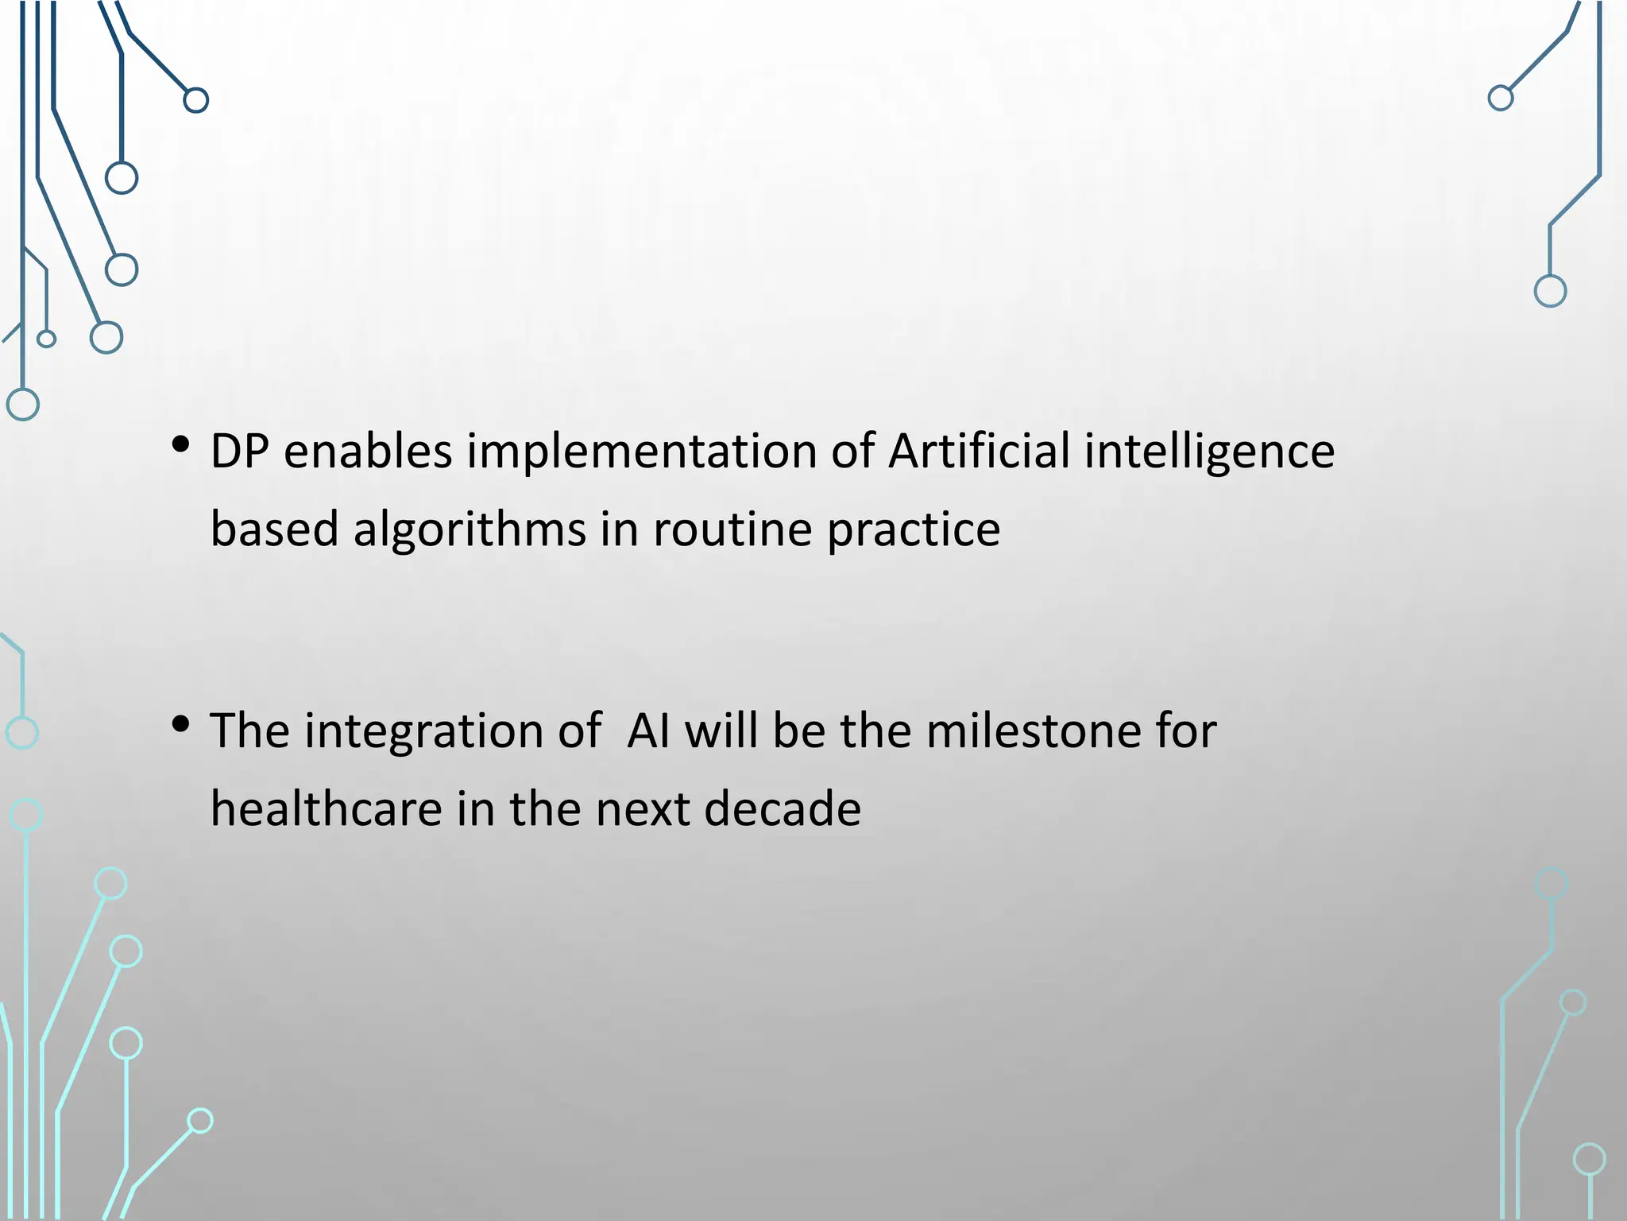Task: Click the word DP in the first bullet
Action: pos(239,452)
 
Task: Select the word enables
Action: pos(368,452)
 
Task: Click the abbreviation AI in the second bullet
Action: pos(648,731)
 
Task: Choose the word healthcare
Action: pos(326,809)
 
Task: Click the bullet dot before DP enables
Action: pos(180,444)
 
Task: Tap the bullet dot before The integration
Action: pos(180,723)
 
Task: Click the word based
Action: pos(274,529)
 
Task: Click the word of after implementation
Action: pos(852,452)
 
